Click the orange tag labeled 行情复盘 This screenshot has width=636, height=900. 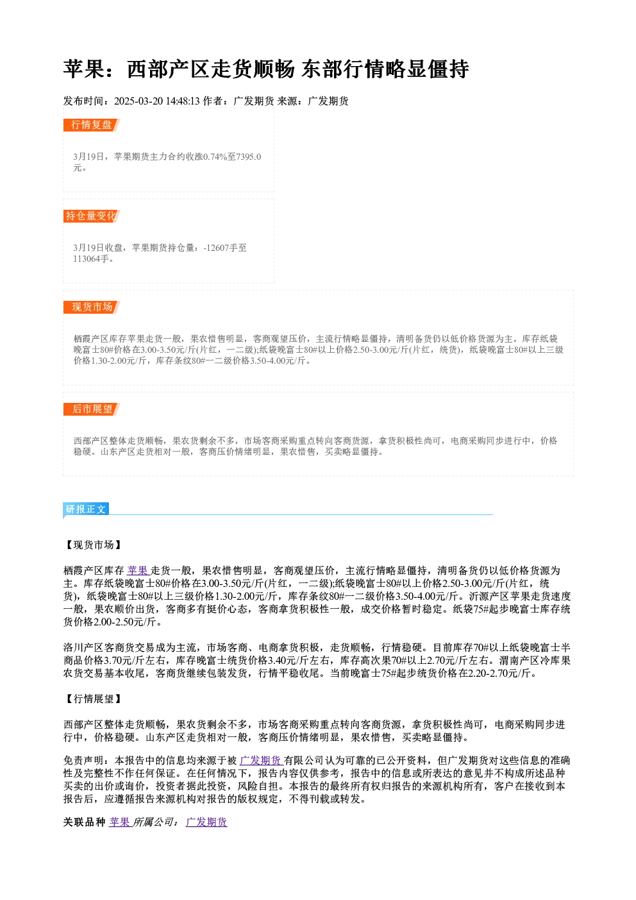coord(92,125)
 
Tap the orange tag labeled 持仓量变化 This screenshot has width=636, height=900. coord(92,216)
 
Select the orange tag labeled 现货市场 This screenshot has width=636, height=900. coord(92,307)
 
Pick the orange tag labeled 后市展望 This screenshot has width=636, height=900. coord(92,409)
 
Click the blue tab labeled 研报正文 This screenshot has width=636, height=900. coord(86,509)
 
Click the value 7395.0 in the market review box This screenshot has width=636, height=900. coord(248,157)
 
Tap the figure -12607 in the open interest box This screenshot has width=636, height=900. coord(216,248)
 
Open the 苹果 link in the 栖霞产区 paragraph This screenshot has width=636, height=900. coord(138,570)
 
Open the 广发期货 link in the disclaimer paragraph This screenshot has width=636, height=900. coord(261,761)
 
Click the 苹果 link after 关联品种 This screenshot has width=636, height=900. coord(120,822)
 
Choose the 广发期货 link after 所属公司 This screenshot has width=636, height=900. coord(206,822)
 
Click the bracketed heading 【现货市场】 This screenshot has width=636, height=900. coord(93,545)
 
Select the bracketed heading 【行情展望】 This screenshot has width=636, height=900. coord(93,699)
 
